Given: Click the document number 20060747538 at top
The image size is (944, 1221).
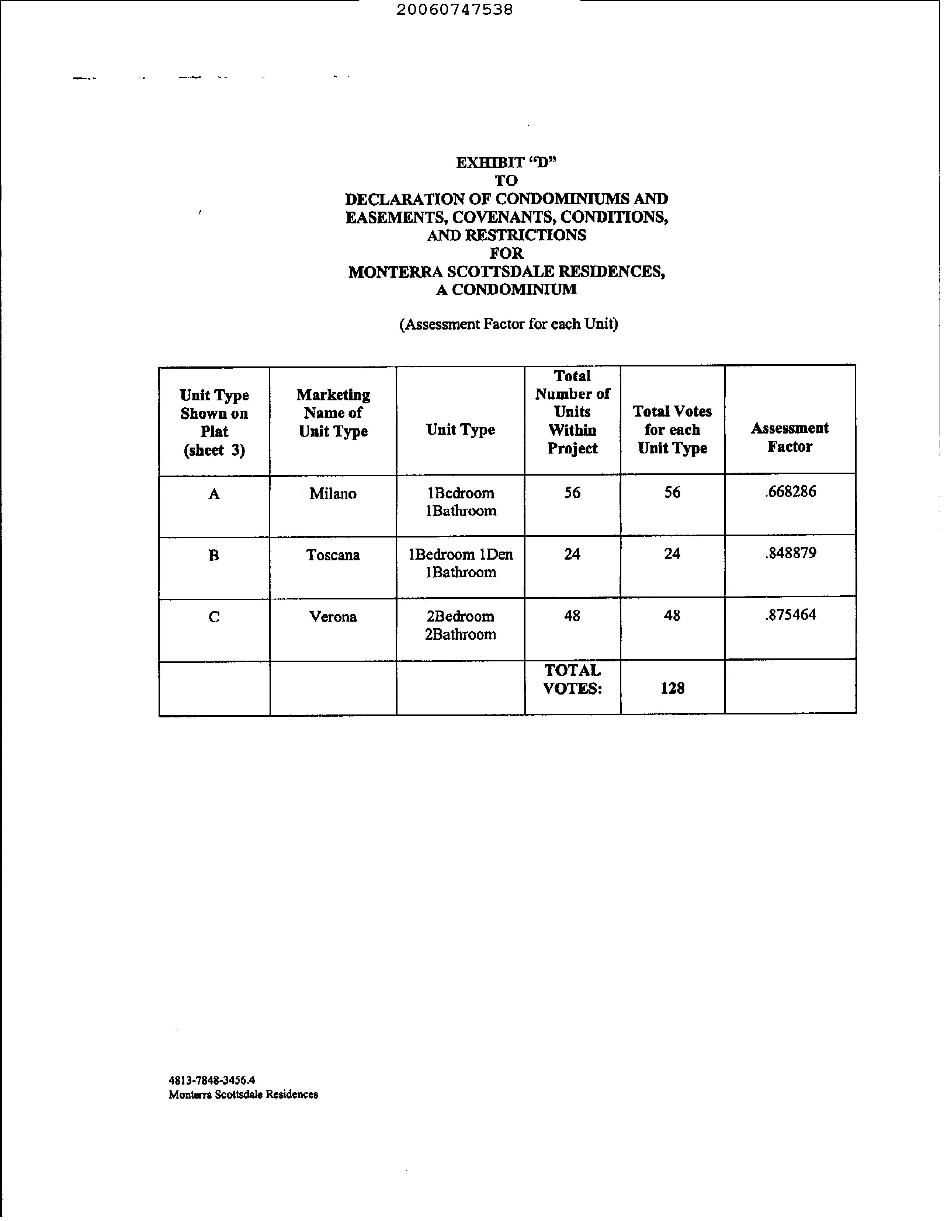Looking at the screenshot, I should click(x=454, y=10).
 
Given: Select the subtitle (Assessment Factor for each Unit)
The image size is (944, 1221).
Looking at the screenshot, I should click(x=509, y=324).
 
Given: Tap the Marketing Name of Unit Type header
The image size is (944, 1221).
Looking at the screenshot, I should click(x=333, y=413).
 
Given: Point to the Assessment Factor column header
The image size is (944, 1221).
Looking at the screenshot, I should click(x=789, y=437).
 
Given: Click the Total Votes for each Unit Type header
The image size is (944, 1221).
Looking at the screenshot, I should click(x=672, y=429).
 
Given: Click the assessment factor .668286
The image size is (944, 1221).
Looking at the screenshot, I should click(x=790, y=492).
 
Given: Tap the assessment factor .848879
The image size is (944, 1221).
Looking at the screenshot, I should click(x=790, y=553).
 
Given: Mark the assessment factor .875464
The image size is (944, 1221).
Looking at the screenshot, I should click(x=790, y=615).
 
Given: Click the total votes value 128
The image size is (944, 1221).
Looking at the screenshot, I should click(x=672, y=688).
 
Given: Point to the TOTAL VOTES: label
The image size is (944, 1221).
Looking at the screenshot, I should click(x=572, y=679).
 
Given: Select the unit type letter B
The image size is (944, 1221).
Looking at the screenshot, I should click(x=214, y=556).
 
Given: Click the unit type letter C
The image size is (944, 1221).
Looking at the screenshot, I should click(x=214, y=617).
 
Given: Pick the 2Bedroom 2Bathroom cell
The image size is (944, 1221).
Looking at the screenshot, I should click(x=460, y=625).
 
